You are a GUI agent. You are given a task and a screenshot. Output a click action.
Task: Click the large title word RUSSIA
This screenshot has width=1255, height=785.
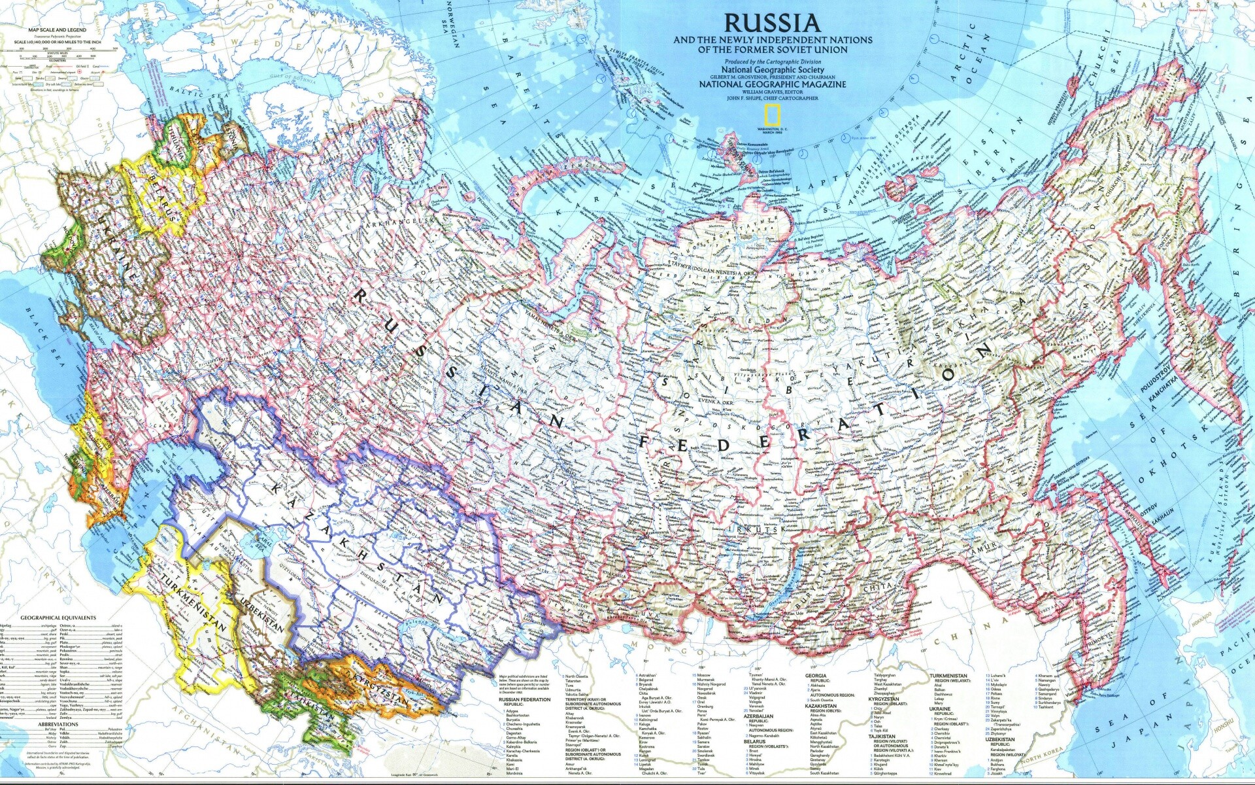tap(771, 24)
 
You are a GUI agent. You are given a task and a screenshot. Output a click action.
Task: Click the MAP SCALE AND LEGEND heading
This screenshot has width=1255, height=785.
tap(58, 30)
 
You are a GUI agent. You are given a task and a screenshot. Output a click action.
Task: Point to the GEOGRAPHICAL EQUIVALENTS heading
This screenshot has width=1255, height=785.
tap(58, 618)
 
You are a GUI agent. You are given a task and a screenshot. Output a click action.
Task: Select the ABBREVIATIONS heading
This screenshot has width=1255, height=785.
tap(58, 724)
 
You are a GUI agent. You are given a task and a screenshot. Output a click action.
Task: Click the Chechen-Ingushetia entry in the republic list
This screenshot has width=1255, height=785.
tap(523, 724)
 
